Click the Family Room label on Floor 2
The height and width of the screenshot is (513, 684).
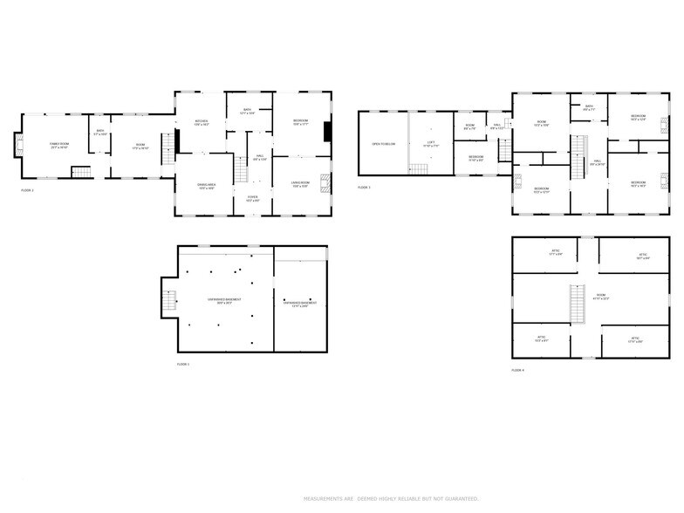[x=59, y=145]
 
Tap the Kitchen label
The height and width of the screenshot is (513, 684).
[x=201, y=122]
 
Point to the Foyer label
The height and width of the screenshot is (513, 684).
[x=252, y=199]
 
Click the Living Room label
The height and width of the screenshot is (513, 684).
[x=301, y=184]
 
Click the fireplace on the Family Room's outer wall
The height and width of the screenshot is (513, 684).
[x=17, y=146]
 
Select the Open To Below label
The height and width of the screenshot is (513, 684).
[x=383, y=144]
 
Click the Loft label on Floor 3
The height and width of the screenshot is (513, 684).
[x=430, y=142]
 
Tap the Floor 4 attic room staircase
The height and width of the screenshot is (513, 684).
[x=576, y=302]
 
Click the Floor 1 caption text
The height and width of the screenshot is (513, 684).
[x=183, y=364]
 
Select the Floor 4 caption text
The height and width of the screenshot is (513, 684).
[x=518, y=370]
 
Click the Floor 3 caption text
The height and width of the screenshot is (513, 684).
[x=364, y=188]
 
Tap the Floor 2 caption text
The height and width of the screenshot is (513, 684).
[x=27, y=189]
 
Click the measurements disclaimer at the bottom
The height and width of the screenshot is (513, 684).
[x=392, y=499]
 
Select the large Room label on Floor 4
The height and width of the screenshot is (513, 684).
[x=601, y=297]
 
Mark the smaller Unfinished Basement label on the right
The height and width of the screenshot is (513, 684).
[x=300, y=303]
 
